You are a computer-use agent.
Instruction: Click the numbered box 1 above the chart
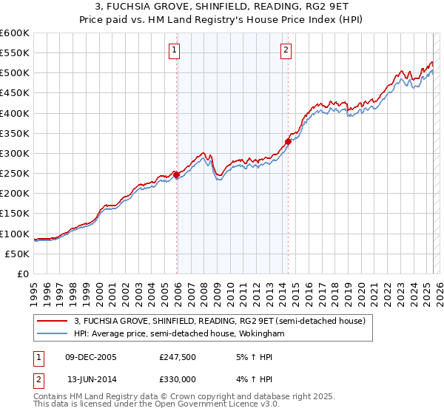click(174, 50)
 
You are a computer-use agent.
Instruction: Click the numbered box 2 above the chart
click(286, 50)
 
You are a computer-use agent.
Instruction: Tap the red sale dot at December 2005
click(177, 174)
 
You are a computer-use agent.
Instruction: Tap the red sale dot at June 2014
click(288, 141)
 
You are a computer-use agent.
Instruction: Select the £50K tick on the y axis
click(18, 254)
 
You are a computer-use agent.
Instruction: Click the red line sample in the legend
click(53, 322)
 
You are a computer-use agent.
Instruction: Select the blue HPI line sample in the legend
click(53, 334)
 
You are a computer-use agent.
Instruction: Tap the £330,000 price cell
click(178, 379)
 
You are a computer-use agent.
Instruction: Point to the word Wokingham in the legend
click(260, 334)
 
